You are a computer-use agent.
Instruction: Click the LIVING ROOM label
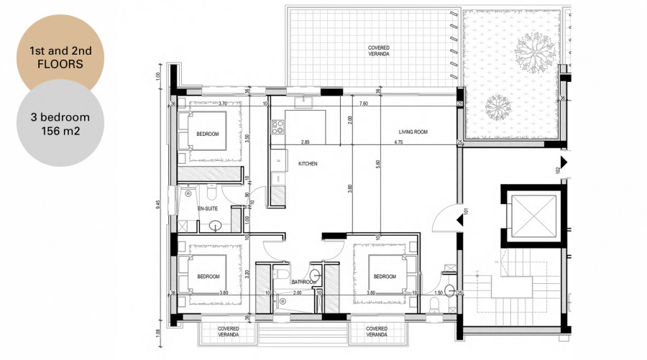coord(414,132)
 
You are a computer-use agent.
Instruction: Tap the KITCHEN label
coord(308,164)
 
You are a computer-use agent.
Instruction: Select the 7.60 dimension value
coord(364,103)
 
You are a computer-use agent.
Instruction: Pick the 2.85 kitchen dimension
coord(306,143)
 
